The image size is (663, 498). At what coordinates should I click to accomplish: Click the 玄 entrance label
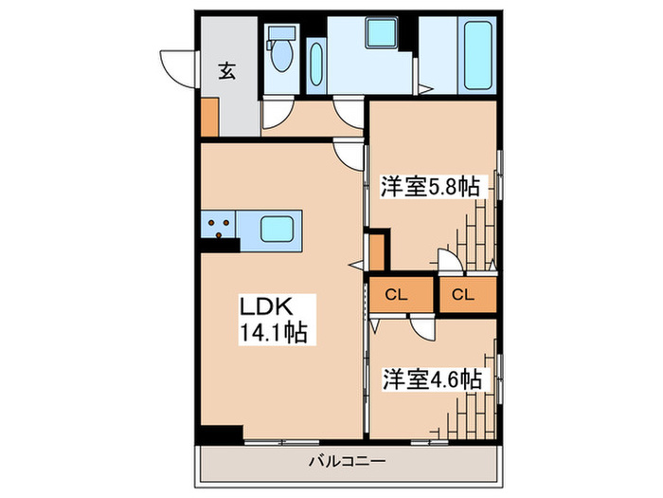click(x=228, y=69)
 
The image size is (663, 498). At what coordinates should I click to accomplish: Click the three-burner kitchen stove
click(x=219, y=226)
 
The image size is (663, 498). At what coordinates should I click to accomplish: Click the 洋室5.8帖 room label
click(x=429, y=187)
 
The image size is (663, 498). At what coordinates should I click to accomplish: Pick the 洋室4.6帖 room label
click(x=431, y=378)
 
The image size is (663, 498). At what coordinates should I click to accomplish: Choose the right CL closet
click(x=462, y=295)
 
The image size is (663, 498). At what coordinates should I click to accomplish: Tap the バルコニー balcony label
click(x=347, y=463)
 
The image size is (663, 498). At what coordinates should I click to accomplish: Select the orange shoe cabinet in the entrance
click(x=209, y=116)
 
